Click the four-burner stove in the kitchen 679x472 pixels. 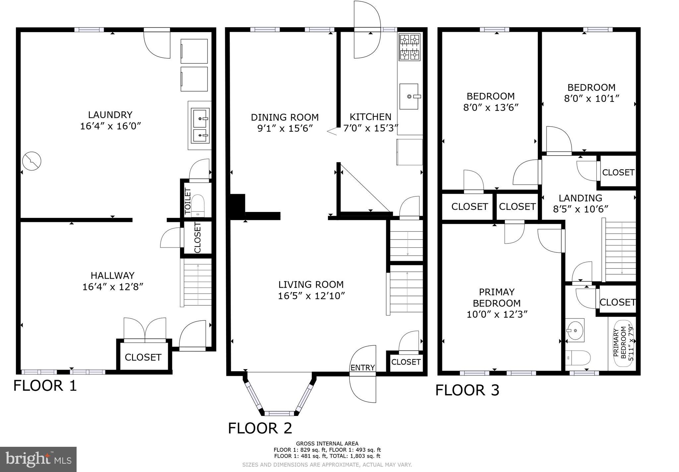coord(410,47)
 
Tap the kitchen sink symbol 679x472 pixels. coord(409,96)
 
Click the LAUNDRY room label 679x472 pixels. coord(110,115)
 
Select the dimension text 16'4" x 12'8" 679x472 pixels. coord(113,287)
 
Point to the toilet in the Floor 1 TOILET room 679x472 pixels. coord(198,205)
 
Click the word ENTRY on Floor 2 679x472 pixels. coord(362,368)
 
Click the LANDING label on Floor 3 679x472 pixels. coord(580,198)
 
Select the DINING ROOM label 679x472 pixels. coord(285,117)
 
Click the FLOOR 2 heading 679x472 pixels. coord(260,428)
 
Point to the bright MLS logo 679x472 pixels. coord(38,459)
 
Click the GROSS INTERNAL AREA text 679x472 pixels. coord(327,443)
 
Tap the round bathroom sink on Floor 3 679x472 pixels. coord(575,330)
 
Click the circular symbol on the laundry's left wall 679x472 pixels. coord(31,161)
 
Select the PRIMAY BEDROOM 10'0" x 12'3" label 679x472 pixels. coord(497,303)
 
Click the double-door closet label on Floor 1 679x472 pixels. coord(143,357)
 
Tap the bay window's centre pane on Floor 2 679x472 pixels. coord(279,413)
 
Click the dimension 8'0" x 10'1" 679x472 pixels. coord(592,99)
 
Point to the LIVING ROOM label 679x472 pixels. coord(311,284)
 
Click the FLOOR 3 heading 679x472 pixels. coord(467,390)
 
